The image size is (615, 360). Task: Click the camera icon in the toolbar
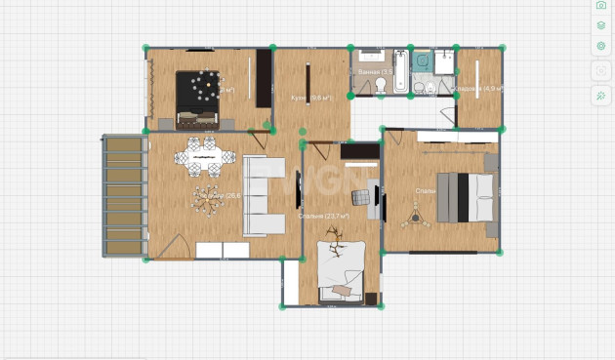601,5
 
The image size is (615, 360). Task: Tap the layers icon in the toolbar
601,24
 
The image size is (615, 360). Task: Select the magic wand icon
601,96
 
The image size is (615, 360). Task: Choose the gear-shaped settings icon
601,46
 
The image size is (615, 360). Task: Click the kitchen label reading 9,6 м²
311,98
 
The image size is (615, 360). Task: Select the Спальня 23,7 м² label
323,217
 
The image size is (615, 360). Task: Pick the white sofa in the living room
259,196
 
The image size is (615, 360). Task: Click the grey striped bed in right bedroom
464,196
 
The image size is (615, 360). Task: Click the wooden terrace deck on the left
124,195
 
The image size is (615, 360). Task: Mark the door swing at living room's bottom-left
173,248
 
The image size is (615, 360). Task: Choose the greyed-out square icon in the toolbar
601,71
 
